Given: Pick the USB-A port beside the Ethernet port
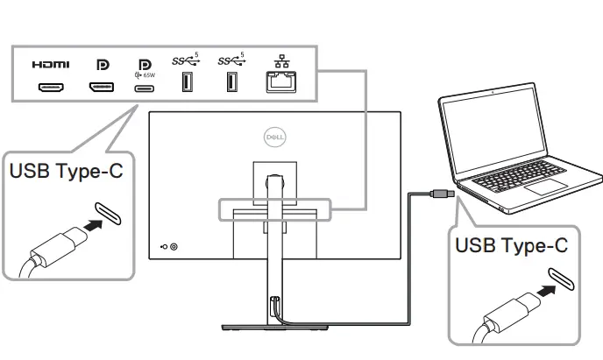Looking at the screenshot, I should click(231, 83).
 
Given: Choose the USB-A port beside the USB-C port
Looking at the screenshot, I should click(187, 83).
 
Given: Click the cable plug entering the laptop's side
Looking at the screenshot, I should click(442, 191).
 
